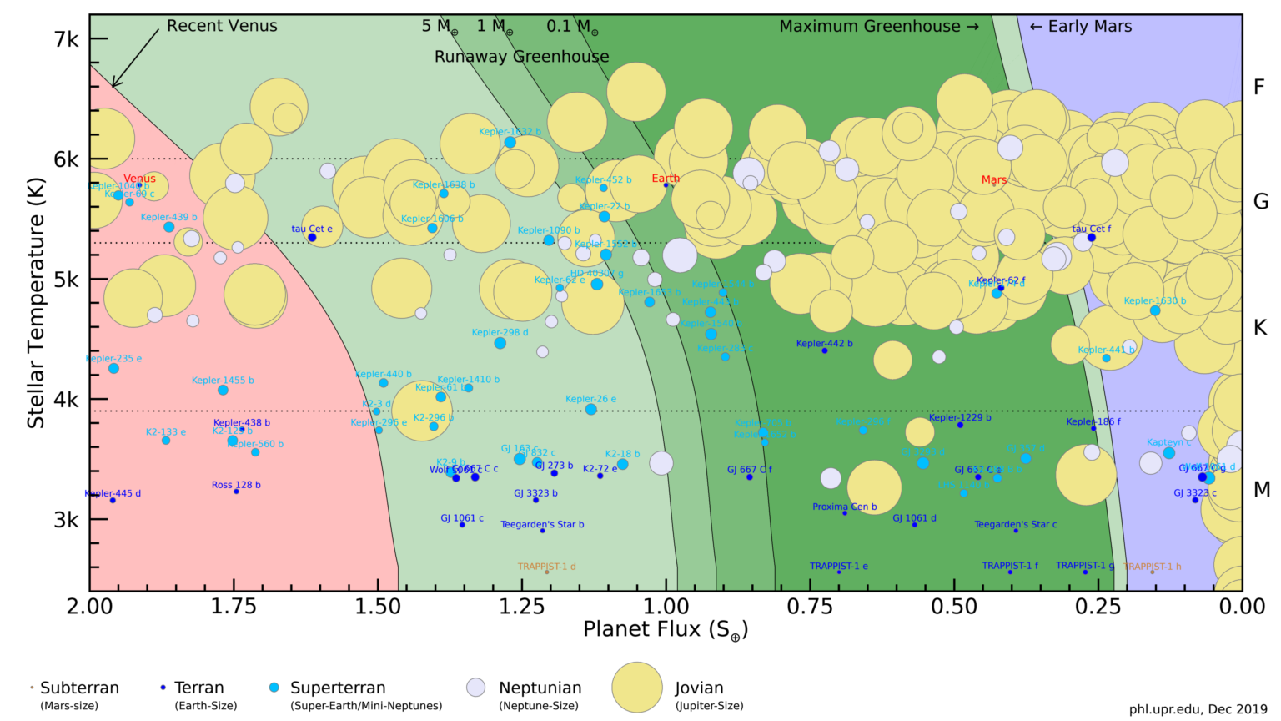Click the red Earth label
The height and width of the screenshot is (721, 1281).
[666, 178]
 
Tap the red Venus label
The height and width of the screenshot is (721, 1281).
[139, 179]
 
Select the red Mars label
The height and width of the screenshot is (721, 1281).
[993, 179]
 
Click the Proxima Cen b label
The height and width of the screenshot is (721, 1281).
[844, 507]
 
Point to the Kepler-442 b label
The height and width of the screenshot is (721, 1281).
[824, 343]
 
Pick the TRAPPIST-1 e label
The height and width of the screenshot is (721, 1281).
[838, 566]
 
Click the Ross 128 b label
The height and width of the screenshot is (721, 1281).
[236, 485]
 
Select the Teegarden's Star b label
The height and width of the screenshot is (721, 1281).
[542, 525]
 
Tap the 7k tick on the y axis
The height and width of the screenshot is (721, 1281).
[66, 39]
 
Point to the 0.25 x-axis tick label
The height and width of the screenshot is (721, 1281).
[1098, 607]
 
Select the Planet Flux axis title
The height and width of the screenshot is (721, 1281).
[665, 630]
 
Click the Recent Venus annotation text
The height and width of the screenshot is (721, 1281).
[222, 26]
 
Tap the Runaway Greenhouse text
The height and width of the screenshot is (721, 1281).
[521, 57]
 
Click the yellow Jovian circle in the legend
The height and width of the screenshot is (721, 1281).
[637, 688]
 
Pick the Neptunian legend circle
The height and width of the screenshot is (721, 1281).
[475, 688]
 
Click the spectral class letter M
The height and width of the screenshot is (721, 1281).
[1262, 490]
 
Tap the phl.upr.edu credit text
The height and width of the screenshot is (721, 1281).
[1198, 709]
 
